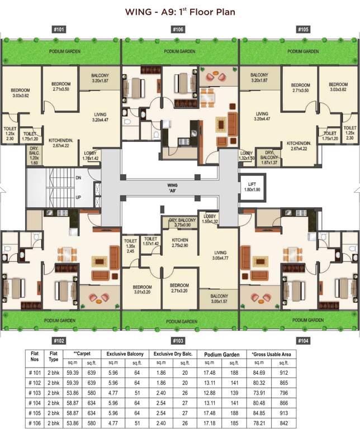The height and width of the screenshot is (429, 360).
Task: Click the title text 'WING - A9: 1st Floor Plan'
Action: point(180,11)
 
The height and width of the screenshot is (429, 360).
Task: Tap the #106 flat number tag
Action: point(178,29)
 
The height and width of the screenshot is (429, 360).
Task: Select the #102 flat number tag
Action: point(59,340)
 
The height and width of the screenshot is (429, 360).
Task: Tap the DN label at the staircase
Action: point(78,178)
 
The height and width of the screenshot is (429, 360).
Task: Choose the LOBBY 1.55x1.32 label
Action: point(210,219)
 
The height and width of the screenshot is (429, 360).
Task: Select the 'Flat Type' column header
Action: point(54,357)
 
